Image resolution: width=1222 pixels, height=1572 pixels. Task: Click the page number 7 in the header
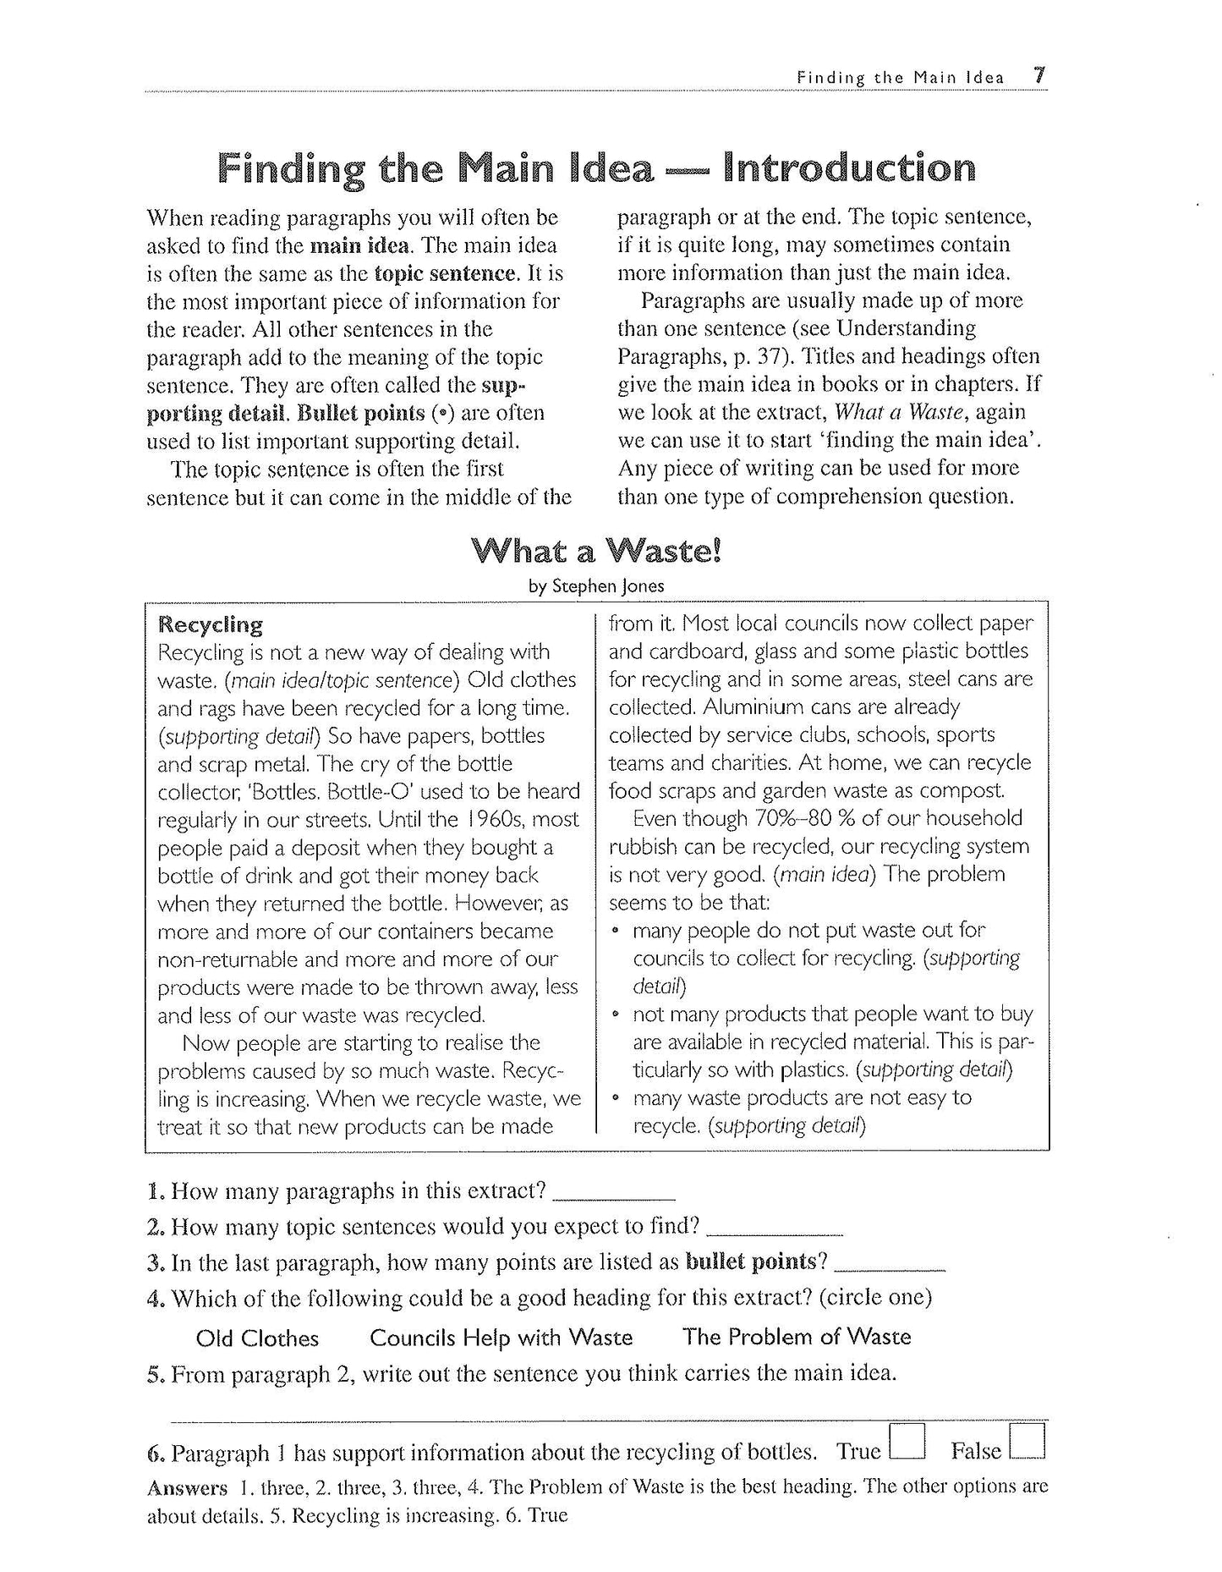pyautogui.click(x=1039, y=75)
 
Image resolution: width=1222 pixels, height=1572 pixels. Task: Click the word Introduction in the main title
pyautogui.click(x=850, y=168)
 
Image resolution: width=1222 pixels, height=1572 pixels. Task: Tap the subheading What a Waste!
pyautogui.click(x=597, y=552)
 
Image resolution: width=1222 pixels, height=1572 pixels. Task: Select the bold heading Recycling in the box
pyautogui.click(x=211, y=625)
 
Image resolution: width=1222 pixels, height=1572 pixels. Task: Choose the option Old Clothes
pyautogui.click(x=257, y=1338)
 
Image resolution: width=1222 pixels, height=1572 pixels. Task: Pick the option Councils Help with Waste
pyautogui.click(x=501, y=1338)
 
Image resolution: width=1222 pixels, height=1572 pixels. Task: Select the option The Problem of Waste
pyautogui.click(x=797, y=1337)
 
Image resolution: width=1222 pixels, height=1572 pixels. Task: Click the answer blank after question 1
pyautogui.click(x=614, y=1195)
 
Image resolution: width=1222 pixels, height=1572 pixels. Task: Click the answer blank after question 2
pyautogui.click(x=774, y=1229)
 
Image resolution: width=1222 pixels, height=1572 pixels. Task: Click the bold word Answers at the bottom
pyautogui.click(x=187, y=1487)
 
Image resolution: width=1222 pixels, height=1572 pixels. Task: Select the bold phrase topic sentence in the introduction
pyautogui.click(x=444, y=273)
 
